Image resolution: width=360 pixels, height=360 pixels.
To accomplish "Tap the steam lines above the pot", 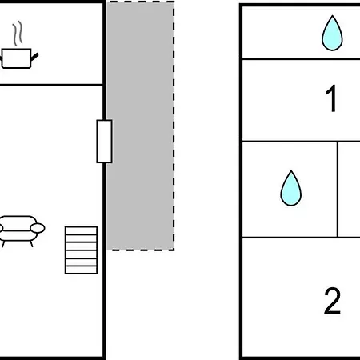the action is [x=18, y=34].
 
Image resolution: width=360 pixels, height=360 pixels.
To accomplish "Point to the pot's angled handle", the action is [x=34, y=57].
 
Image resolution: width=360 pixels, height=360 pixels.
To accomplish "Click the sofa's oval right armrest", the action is [x=38, y=228].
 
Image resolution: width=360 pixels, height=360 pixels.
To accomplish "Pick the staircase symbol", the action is [x=81, y=250].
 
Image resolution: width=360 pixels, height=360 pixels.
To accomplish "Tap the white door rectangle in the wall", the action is [x=104, y=142].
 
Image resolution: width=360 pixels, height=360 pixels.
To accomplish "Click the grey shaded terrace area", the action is [x=140, y=126].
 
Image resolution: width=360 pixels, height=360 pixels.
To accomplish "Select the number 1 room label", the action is [x=331, y=98].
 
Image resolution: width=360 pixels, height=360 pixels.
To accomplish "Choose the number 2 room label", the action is [x=332, y=301].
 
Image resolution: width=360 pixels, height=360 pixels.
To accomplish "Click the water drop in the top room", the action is [x=332, y=33].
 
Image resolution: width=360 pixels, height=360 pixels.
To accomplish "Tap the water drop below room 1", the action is [x=290, y=188].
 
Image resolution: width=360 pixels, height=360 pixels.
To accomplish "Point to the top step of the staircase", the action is [x=81, y=230].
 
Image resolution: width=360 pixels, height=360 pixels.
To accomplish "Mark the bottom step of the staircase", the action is [x=81, y=270].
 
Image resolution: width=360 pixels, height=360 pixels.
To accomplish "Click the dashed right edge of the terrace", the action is [x=174, y=126].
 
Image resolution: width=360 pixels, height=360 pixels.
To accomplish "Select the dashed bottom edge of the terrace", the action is [x=140, y=250].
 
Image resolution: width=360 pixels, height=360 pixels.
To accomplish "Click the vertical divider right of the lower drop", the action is [x=338, y=190].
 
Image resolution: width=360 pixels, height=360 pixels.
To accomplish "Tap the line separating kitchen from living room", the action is [x=51, y=85].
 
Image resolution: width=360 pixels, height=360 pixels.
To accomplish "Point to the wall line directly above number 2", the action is [x=301, y=238].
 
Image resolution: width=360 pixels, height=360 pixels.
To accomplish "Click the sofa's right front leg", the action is [x=31, y=244].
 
